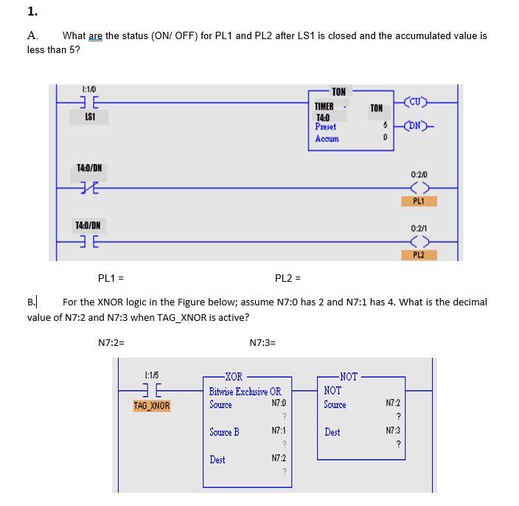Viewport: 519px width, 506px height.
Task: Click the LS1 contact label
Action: (89, 117)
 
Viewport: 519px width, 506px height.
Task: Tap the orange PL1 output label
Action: (418, 201)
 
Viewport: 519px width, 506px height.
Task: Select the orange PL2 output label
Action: (418, 254)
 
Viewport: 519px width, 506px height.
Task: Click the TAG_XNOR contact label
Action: (151, 406)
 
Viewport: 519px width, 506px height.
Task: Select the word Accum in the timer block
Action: (327, 139)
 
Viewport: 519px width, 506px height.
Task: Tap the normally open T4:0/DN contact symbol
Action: (89, 242)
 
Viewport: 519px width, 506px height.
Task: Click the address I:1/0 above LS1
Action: (89, 90)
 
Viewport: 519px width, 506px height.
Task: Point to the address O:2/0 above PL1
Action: (418, 175)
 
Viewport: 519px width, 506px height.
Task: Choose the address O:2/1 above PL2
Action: (418, 229)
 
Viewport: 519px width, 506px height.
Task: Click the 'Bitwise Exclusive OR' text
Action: (245, 391)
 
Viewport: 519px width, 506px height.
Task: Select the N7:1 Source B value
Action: (278, 430)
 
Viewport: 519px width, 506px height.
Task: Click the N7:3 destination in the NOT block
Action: (394, 430)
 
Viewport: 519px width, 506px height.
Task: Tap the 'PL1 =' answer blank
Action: (111, 278)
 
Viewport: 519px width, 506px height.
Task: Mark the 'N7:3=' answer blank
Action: (262, 342)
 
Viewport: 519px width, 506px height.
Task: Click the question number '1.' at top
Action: (32, 11)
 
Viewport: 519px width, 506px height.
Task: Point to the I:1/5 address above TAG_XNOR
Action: (151, 376)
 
